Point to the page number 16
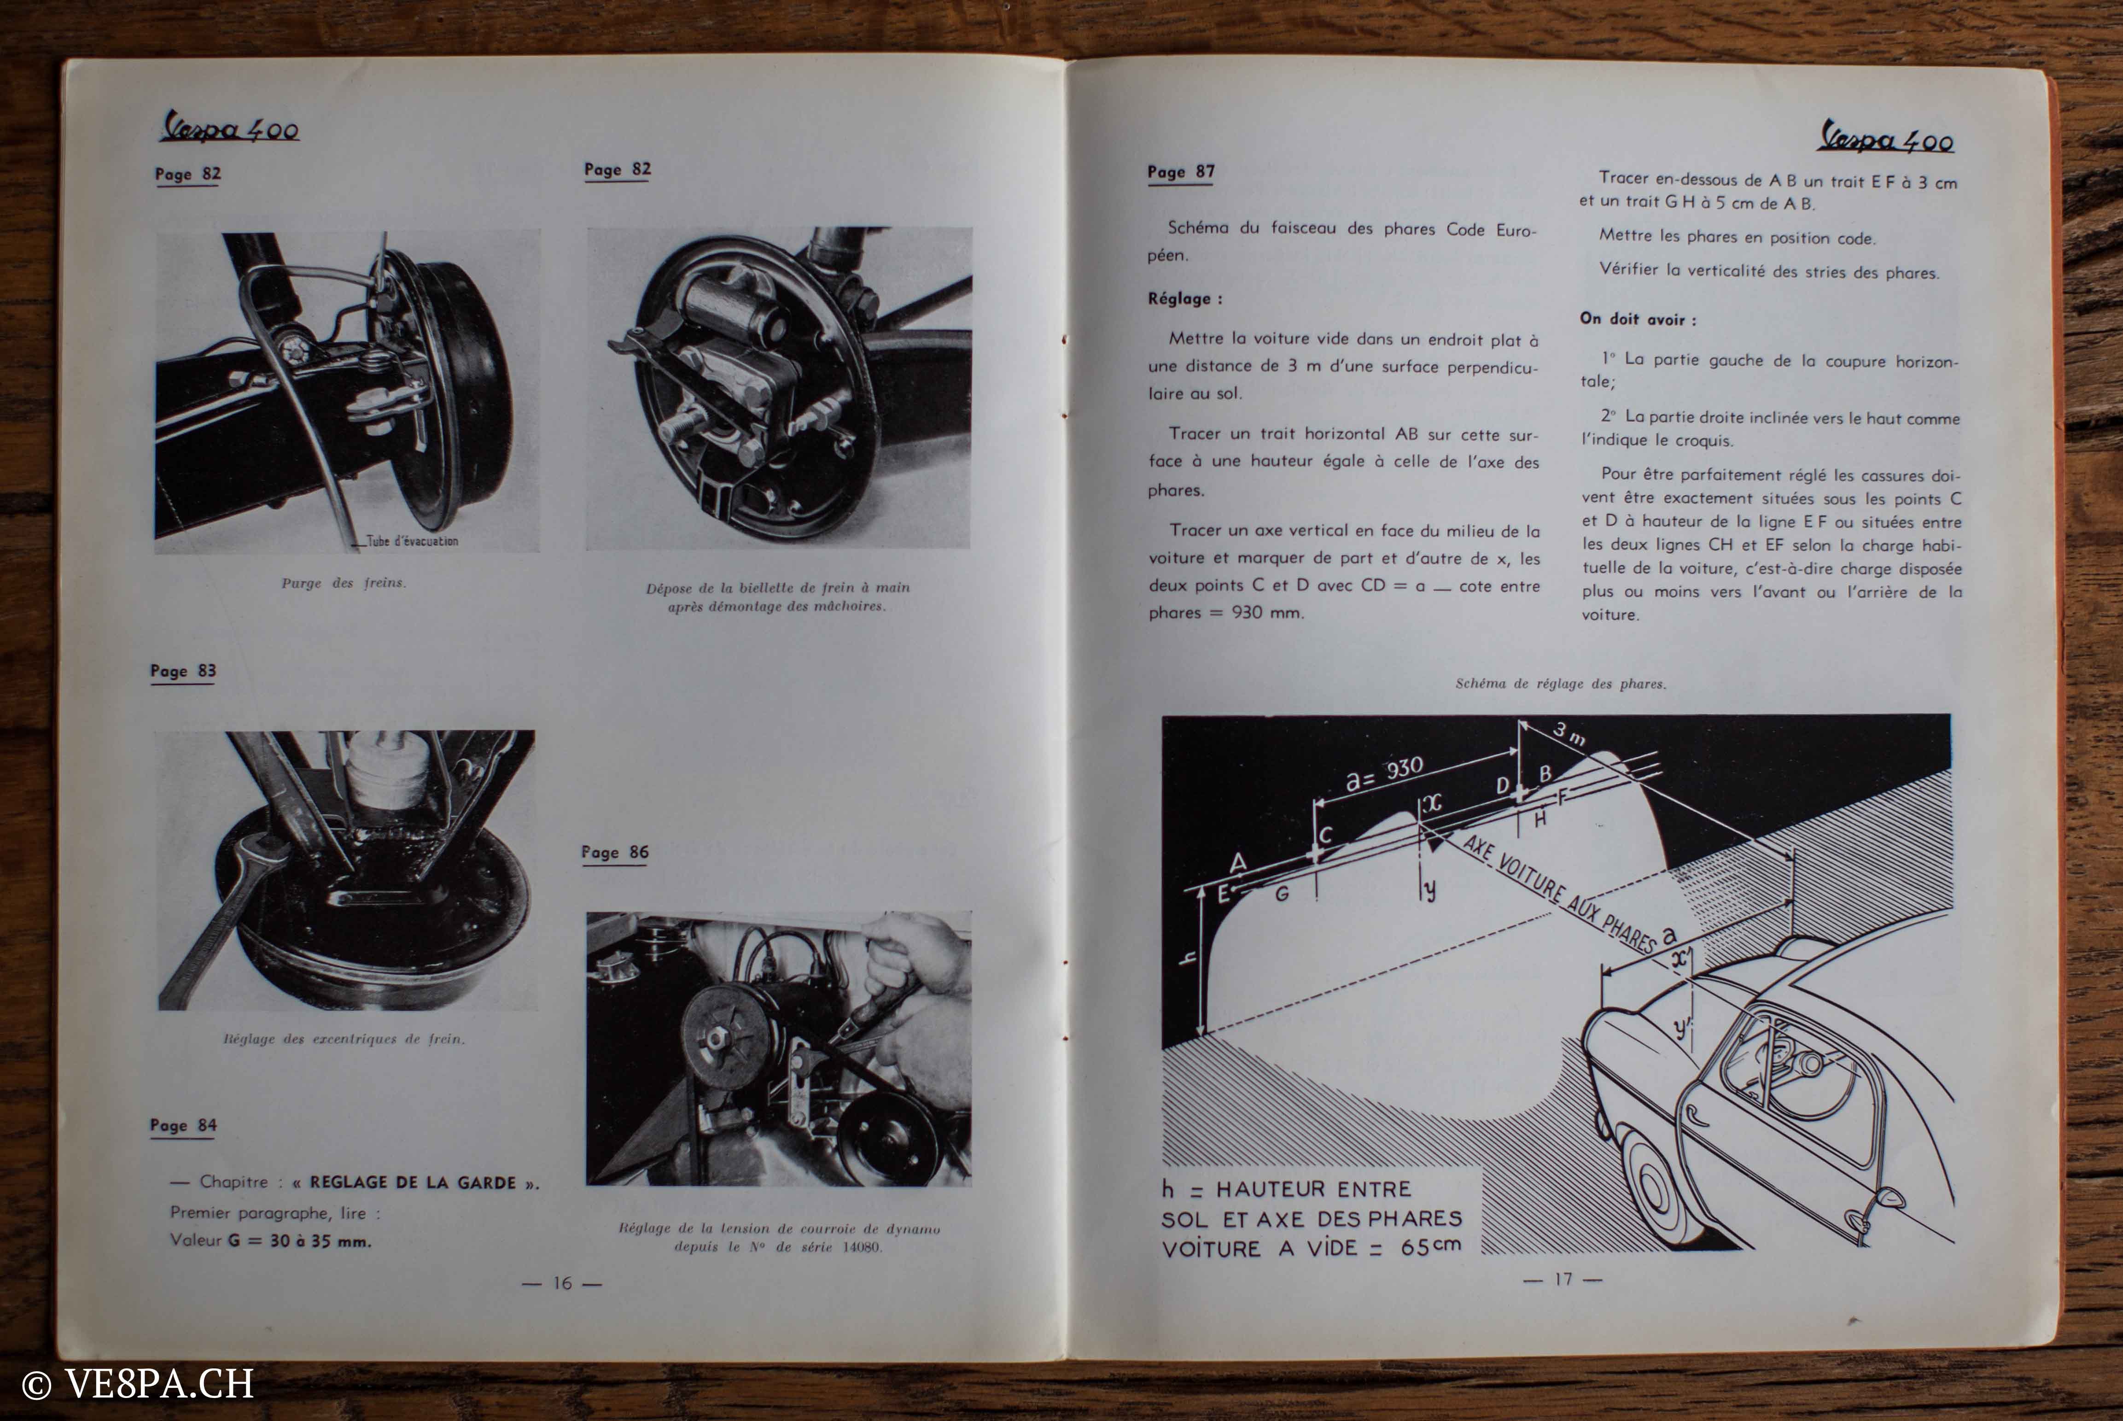tap(562, 1282)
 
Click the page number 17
tap(1563, 1279)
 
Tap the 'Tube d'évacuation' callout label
tap(412, 541)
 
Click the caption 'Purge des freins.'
tap(344, 583)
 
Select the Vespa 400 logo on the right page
tap(1885, 138)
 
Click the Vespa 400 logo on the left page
tap(229, 129)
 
